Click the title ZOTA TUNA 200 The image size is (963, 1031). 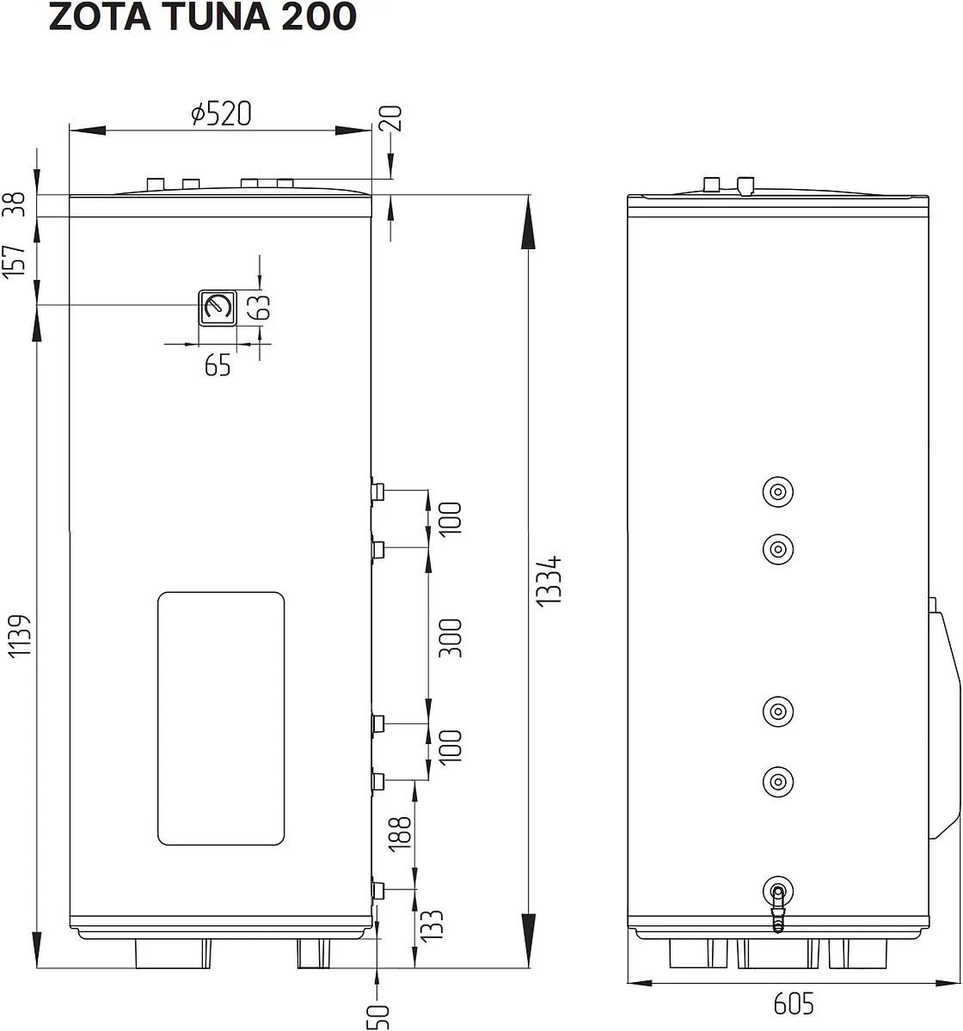tap(203, 17)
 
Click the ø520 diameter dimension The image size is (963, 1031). tap(221, 113)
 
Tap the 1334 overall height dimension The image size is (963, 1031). tap(549, 581)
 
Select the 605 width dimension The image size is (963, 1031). tap(794, 1004)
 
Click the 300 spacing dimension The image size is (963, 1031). tap(450, 638)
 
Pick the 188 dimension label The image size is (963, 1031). tap(400, 833)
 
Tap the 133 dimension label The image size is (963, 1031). tap(432, 924)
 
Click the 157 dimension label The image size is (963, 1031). tap(14, 262)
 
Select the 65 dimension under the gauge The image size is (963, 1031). tap(218, 365)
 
